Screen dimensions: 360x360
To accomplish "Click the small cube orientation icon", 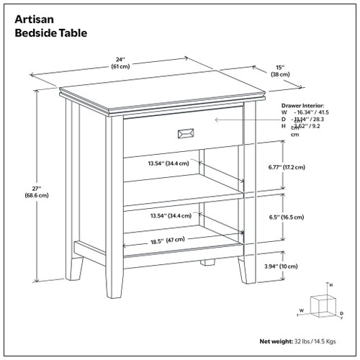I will coord(316,305).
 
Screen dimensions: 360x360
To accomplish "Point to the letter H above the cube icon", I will coord(330,286).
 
